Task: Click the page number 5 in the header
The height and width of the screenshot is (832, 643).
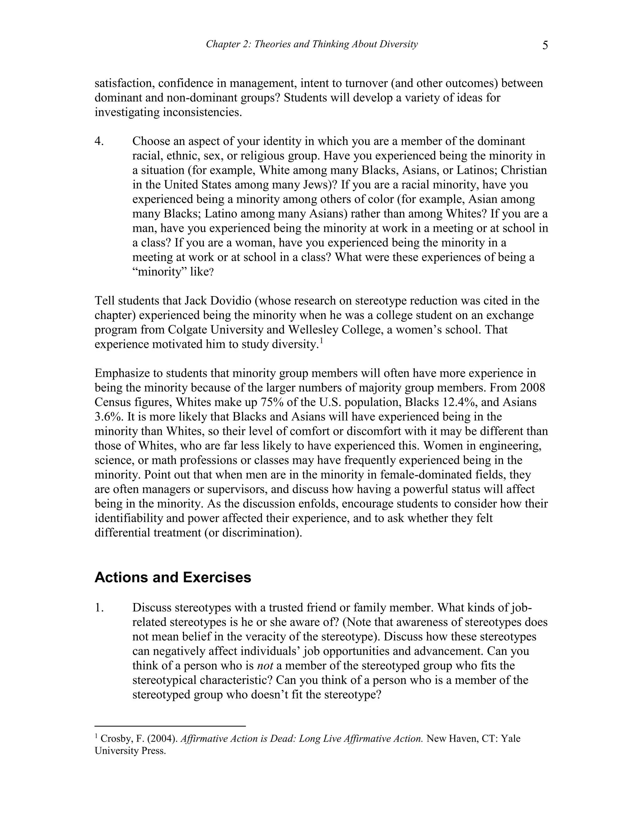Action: click(x=545, y=45)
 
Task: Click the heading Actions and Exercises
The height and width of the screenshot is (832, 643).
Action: click(x=173, y=577)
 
